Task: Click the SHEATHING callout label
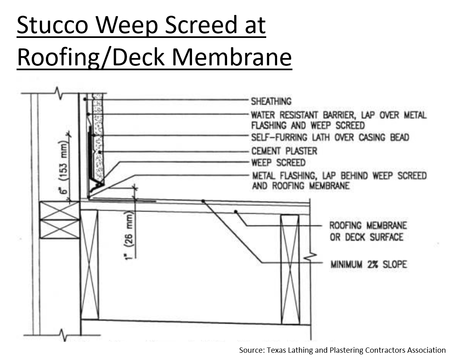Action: coord(271,101)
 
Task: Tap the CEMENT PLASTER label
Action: coord(284,151)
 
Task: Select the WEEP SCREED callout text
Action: coord(278,163)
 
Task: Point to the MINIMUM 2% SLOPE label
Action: coord(369,264)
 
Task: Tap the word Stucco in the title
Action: coord(52,25)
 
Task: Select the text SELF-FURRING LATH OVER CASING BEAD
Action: coord(330,137)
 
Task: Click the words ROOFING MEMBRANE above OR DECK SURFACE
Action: coord(368,226)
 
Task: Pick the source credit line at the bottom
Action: coord(342,350)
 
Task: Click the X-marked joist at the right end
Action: coord(290,270)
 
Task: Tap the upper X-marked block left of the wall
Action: coord(59,211)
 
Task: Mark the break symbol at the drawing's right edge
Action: coord(310,256)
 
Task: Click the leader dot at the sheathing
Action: coord(85,99)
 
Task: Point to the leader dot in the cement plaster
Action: coord(100,152)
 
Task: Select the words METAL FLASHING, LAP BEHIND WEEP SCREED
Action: coord(339,176)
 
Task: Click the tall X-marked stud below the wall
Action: coord(90,265)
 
